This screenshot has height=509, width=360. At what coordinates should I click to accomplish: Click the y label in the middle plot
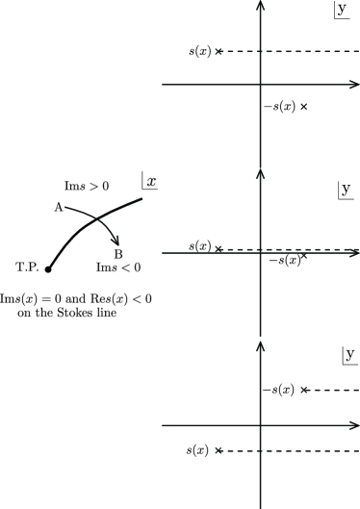click(x=344, y=191)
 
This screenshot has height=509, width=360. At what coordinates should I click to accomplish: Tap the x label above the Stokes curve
click(x=151, y=180)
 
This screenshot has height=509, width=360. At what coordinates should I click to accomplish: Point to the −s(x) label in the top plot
click(x=278, y=106)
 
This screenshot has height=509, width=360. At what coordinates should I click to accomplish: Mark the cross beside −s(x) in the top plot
click(x=304, y=106)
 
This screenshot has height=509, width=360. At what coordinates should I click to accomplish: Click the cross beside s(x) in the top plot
click(x=219, y=51)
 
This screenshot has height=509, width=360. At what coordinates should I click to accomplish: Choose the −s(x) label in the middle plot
click(x=284, y=260)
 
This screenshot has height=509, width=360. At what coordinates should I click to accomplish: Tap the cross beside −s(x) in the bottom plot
click(x=304, y=390)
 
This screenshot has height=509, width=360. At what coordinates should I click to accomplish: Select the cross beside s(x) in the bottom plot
click(x=219, y=450)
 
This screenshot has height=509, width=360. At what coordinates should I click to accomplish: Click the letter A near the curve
click(x=58, y=207)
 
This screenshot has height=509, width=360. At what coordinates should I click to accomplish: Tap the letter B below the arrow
click(x=117, y=253)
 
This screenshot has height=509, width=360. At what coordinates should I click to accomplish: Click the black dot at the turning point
click(x=48, y=268)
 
